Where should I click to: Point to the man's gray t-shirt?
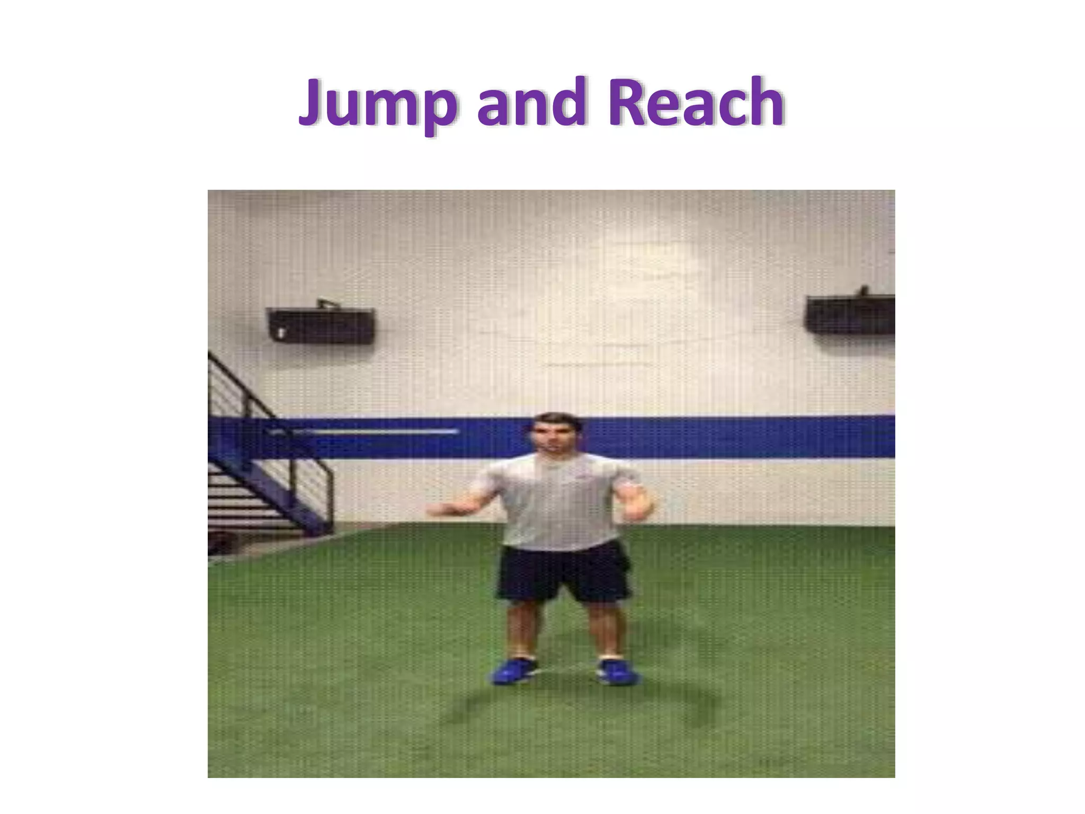pos(556,503)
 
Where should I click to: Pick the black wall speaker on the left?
pos(321,325)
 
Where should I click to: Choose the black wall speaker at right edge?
pos(850,314)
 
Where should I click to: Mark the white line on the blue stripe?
pos(371,432)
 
